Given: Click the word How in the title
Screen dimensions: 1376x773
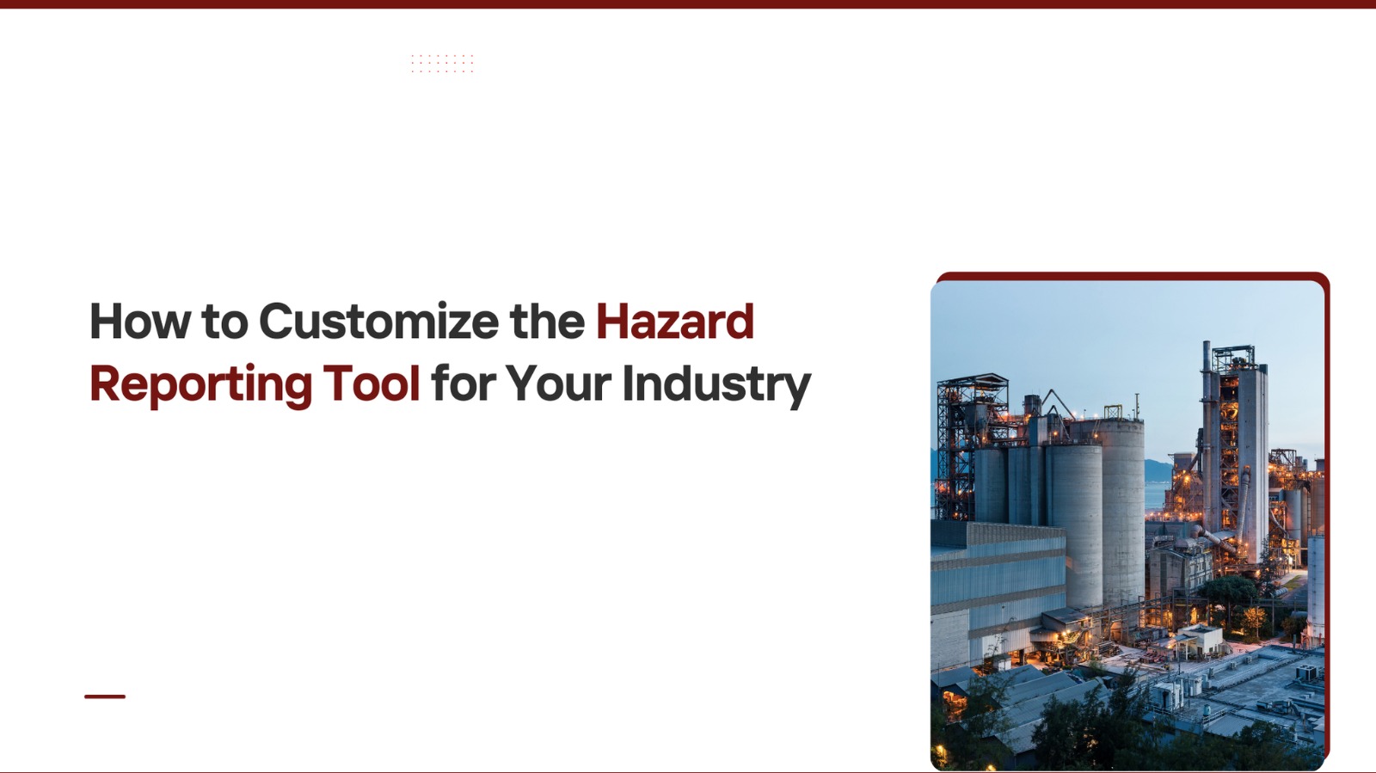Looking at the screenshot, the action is coord(140,321).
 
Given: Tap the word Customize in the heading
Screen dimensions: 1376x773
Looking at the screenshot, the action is coord(379,321).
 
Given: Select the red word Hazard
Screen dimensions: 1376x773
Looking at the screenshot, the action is coord(675,321).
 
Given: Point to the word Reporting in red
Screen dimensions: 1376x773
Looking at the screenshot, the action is coord(201,385).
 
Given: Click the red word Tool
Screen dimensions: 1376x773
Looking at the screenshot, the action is coord(372,383).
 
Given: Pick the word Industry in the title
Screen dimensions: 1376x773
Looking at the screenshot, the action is coord(716,385).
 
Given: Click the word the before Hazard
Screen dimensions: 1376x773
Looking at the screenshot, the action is coord(547,321).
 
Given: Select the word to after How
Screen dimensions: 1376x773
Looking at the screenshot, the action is coord(224,322).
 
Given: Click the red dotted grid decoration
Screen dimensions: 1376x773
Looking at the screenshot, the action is coord(442,64).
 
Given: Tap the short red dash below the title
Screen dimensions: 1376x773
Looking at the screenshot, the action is coord(105,696).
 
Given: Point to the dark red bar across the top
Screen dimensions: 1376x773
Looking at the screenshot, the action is coord(688,3).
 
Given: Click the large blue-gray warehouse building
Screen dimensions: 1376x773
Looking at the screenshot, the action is coord(998,589).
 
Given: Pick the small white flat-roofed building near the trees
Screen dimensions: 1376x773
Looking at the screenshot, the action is coord(1199,640).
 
